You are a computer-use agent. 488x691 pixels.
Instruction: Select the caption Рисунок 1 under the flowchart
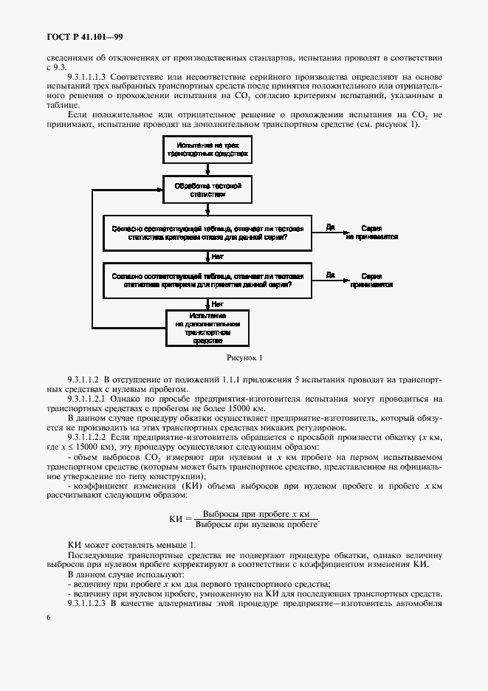coord(244,358)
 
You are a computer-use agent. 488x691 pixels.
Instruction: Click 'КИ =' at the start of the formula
coord(180,519)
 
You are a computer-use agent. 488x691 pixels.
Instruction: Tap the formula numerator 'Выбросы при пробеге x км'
coord(255,513)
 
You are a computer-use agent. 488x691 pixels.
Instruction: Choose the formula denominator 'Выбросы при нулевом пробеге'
coord(255,525)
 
